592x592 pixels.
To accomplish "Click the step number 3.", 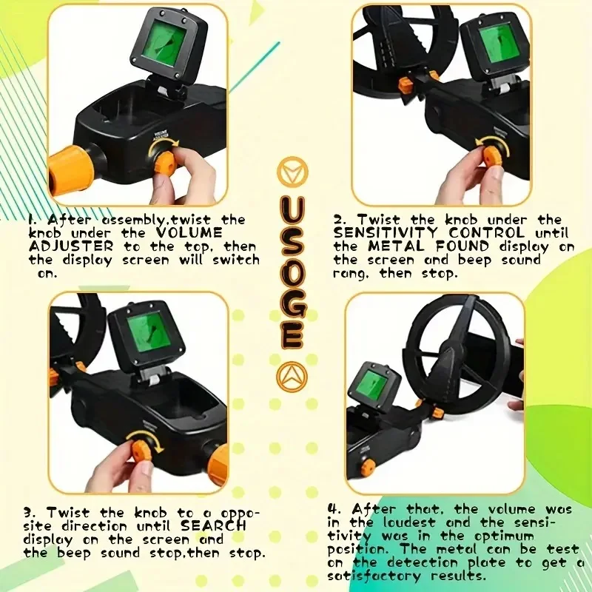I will pos(30,512).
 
